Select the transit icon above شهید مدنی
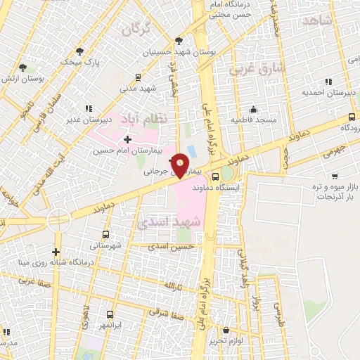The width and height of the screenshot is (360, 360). [x=138, y=77]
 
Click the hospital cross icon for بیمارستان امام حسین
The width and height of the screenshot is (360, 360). [x=127, y=140]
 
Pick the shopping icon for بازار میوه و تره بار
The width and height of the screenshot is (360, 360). [x=335, y=176]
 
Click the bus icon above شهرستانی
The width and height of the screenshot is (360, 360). [x=106, y=234]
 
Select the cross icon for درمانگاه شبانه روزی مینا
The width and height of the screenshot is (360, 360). [x=56, y=252]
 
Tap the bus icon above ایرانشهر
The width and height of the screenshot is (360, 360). [x=109, y=316]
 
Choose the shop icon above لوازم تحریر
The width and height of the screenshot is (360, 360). [x=226, y=330]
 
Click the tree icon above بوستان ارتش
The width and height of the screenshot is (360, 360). [x=23, y=67]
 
